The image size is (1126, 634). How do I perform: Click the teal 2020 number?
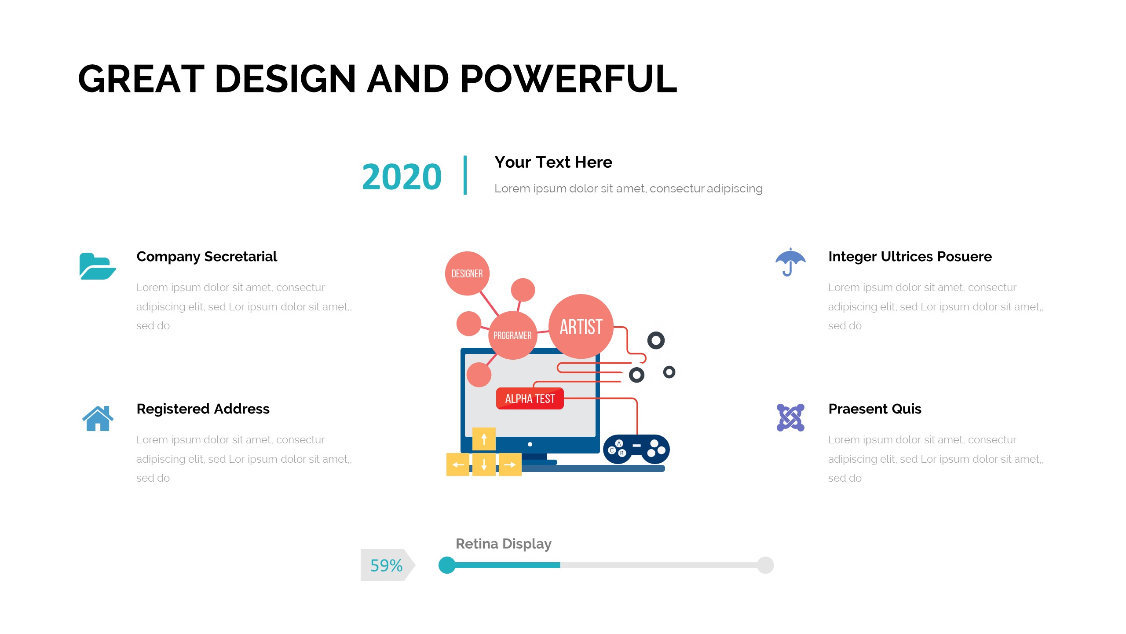[402, 177]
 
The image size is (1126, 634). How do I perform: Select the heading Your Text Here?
[553, 162]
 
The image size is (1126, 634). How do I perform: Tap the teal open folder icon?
[98, 266]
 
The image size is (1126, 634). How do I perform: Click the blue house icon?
[98, 418]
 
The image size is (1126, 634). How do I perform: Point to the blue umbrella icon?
[790, 262]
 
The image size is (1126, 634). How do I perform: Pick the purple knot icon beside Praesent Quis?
[790, 417]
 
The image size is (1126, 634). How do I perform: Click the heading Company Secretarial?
[207, 257]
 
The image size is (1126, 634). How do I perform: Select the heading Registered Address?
[203, 409]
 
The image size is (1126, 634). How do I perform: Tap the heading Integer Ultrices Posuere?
[910, 257]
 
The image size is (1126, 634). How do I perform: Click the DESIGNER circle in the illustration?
[467, 273]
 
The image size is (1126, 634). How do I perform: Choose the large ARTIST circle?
[581, 326]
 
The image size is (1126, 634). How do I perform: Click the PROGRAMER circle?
[512, 335]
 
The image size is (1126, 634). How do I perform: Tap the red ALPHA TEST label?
[530, 398]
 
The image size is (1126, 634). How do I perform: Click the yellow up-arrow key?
[484, 439]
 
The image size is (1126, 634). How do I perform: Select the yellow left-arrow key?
[458, 464]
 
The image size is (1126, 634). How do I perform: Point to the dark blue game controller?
[636, 449]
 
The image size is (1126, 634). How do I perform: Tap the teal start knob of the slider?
[447, 565]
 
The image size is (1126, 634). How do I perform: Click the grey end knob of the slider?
[765, 565]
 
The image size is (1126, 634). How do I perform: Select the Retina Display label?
[504, 544]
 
